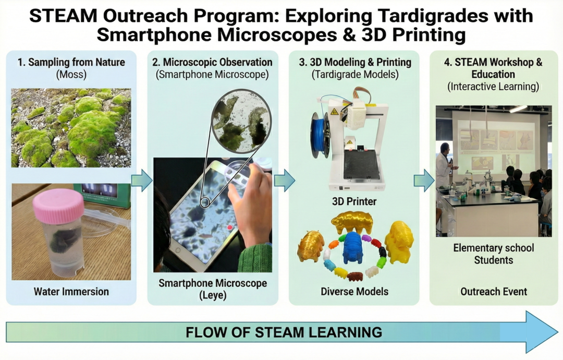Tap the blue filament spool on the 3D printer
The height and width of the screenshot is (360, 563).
coord(319,135)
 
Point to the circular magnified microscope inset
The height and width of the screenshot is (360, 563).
coord(241,122)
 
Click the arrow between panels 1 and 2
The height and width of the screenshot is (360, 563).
coord(142,181)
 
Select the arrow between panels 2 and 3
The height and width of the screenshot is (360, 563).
coord(285,181)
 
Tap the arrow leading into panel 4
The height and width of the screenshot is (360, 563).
coord(424,181)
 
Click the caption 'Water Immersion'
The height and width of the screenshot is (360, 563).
coord(71,291)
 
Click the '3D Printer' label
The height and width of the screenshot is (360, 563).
coord(354,201)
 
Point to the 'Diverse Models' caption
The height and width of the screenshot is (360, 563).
coord(354,291)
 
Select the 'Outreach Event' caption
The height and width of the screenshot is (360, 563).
coord(494,291)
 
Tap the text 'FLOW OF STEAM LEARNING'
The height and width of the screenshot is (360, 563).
coord(284,332)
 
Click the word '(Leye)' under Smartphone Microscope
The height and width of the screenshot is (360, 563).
coord(213,295)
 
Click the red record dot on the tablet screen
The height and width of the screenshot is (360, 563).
coord(229,227)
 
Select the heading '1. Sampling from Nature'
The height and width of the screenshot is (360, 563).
coord(71,62)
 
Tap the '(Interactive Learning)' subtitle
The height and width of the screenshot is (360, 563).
coord(493,87)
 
